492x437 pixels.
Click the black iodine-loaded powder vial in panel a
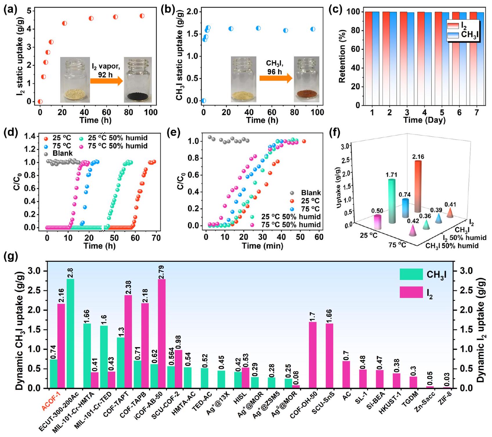(x=138, y=80)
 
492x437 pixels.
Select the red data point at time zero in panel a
(x=40, y=102)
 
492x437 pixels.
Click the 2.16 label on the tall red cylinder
(x=418, y=157)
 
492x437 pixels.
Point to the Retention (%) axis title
(x=343, y=58)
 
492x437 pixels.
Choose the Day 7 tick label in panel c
(x=476, y=112)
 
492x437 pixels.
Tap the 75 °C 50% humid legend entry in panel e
(x=286, y=225)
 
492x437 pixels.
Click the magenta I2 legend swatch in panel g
(x=411, y=292)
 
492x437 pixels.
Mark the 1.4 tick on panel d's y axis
(x=30, y=136)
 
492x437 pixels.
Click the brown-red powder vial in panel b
(x=306, y=79)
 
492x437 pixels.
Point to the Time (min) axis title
(x=263, y=246)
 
